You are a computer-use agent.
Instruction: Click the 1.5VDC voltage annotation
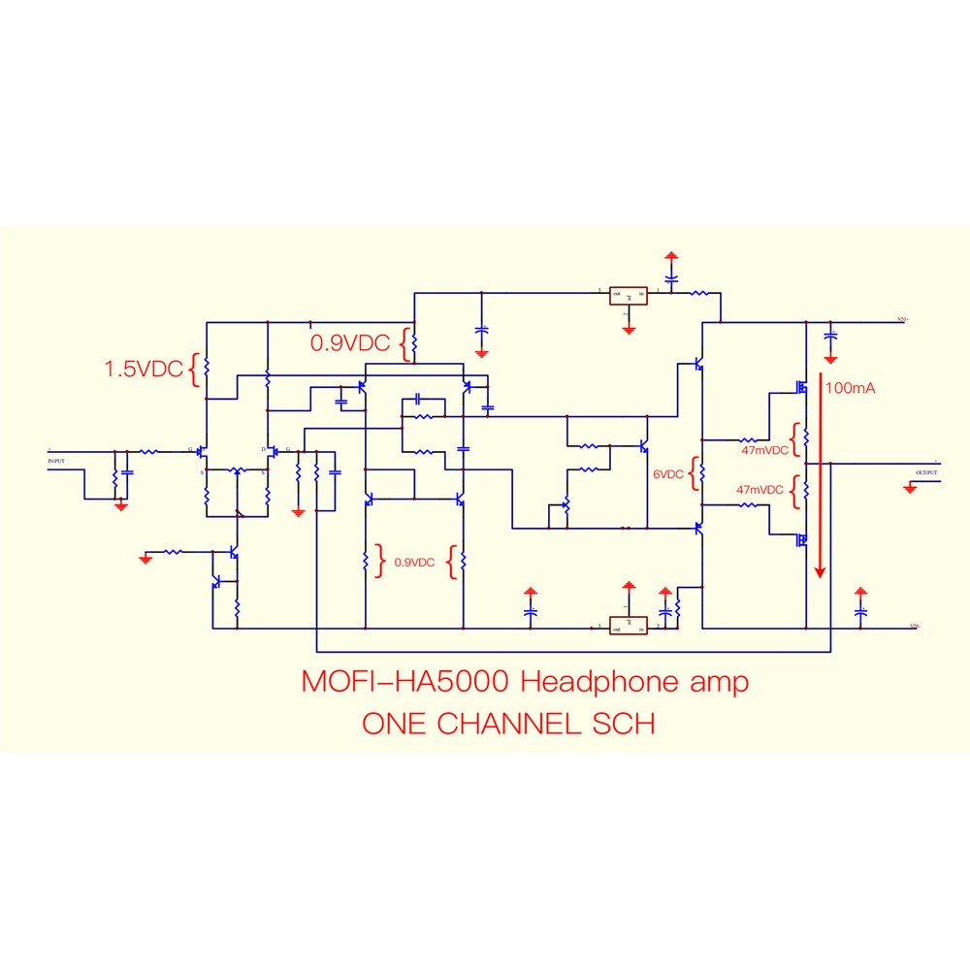tap(144, 369)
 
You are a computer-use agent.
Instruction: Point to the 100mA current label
tap(851, 388)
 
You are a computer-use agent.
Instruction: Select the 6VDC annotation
tap(668, 474)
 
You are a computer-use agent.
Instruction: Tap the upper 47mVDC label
tap(762, 450)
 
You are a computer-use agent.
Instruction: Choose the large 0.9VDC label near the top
tap(349, 342)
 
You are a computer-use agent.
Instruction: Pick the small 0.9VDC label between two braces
tap(414, 562)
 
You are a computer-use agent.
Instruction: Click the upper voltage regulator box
tap(629, 294)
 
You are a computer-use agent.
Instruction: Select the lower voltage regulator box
tap(629, 626)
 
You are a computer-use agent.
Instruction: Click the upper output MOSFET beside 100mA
tap(801, 387)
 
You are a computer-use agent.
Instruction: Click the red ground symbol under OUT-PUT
tap(910, 489)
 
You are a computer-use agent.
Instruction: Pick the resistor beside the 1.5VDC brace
tap(207, 367)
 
